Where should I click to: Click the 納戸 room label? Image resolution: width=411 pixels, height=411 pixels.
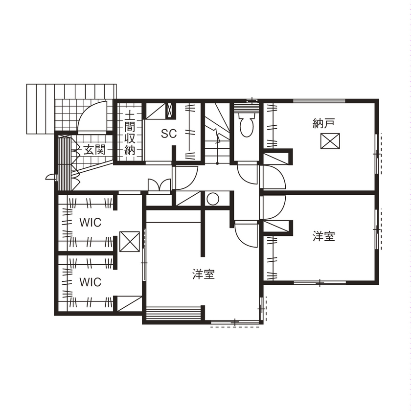[x=323, y=123]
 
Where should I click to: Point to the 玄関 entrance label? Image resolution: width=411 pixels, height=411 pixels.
[x=94, y=150]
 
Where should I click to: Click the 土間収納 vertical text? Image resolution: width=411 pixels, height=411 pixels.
[x=129, y=133]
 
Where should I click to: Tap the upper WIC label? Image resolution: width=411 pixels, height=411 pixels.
[x=91, y=223]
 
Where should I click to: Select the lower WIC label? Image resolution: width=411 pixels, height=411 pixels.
[x=91, y=282]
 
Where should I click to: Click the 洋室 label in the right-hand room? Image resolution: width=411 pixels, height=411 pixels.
[x=324, y=237]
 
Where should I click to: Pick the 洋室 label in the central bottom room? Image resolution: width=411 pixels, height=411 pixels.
[x=204, y=274]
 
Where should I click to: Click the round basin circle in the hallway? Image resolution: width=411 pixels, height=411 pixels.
[x=212, y=199]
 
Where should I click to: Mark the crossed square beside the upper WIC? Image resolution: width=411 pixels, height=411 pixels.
[x=129, y=242]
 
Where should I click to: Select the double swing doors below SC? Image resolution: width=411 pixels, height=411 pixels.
[x=159, y=186]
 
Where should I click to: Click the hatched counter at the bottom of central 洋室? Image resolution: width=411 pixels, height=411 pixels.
[x=174, y=313]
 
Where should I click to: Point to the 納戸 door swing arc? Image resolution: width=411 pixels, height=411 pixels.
[x=274, y=177]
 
